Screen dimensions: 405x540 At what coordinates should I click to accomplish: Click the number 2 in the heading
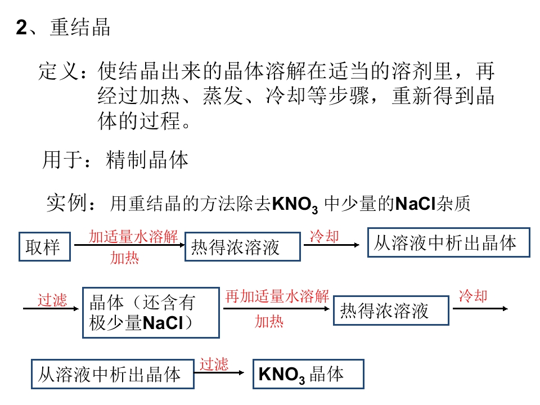tap(21, 28)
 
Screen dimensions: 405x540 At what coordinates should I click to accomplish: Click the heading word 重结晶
tap(80, 28)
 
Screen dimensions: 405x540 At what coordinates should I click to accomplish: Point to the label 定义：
tap(63, 71)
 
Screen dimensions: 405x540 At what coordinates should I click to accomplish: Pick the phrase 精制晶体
tap(147, 160)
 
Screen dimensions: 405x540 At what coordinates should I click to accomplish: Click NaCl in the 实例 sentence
tap(416, 203)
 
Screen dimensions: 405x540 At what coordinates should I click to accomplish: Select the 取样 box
tap(45, 246)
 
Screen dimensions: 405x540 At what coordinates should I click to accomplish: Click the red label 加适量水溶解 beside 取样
tap(133, 236)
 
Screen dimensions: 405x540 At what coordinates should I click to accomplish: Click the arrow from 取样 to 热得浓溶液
tap(128, 245)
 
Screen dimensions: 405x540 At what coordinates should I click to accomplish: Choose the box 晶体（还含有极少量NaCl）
tap(151, 312)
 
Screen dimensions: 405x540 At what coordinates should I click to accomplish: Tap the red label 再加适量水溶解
tap(277, 296)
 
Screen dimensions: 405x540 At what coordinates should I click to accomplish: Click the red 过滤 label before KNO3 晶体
tap(214, 364)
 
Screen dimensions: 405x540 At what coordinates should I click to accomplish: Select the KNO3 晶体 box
tap(308, 374)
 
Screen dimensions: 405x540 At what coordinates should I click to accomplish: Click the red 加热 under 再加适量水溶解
tap(269, 322)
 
